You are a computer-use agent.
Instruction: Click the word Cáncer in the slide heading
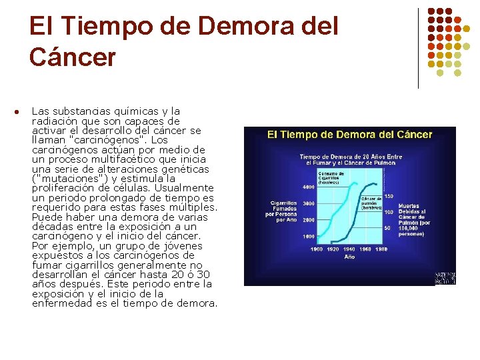[x=72, y=57]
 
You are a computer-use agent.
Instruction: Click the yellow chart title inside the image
[x=349, y=134]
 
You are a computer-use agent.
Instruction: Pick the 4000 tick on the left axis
[x=309, y=187]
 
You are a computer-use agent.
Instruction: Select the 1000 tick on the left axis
[x=309, y=237]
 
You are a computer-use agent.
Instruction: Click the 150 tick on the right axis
[x=388, y=196]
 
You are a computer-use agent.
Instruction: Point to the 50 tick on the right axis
[x=386, y=228]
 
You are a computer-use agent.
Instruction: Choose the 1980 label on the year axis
[x=381, y=249]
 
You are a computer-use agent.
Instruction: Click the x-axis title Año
[x=349, y=257]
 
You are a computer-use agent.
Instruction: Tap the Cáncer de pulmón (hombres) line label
[x=371, y=203]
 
